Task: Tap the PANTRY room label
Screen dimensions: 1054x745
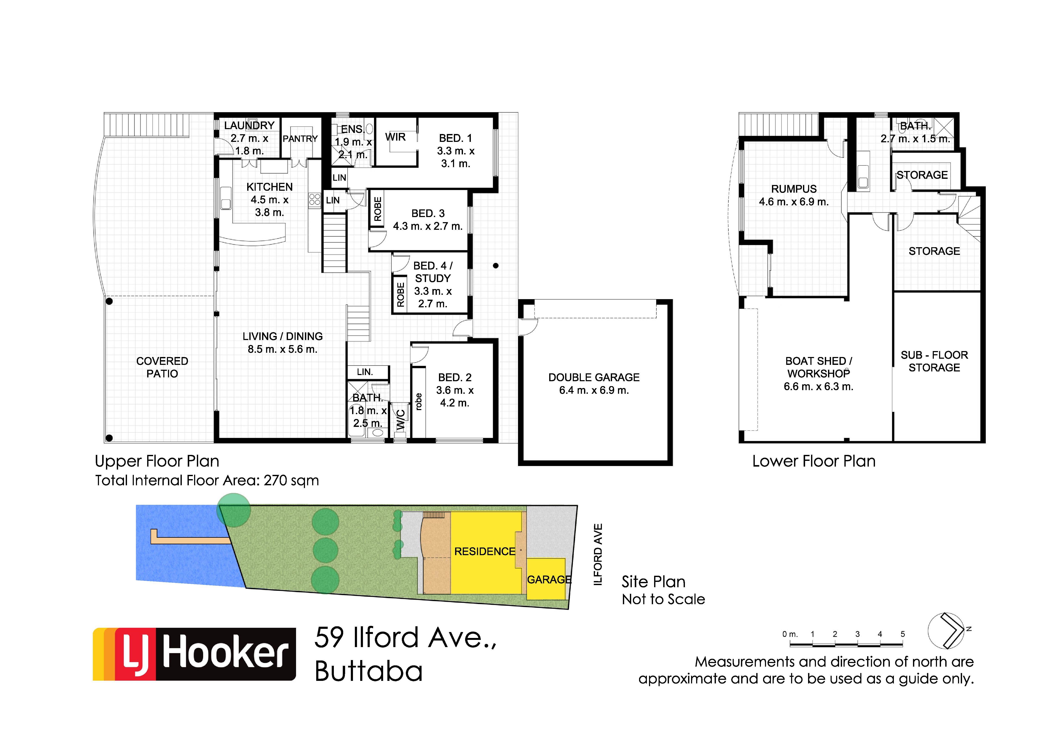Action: pos(300,139)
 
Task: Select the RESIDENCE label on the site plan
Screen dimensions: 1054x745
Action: pos(485,551)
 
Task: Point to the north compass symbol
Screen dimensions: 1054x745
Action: pos(947,631)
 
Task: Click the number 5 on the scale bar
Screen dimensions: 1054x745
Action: pos(903,634)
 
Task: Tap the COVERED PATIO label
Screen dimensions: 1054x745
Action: pos(162,367)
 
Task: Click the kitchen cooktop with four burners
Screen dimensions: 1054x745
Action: pos(315,199)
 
